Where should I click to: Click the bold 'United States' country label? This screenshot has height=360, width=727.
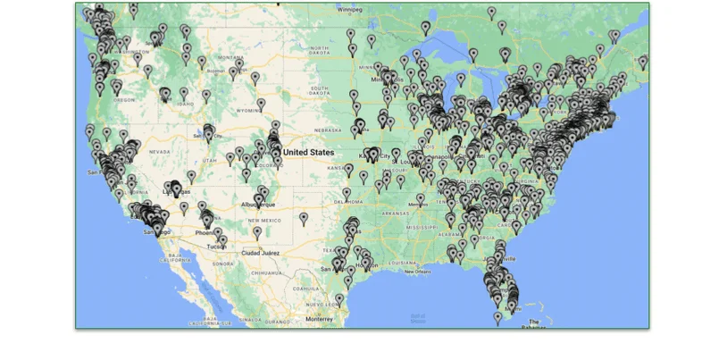coord(309,153)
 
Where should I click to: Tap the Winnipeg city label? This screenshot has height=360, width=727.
coord(349,9)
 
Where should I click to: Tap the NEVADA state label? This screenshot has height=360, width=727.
coord(159,153)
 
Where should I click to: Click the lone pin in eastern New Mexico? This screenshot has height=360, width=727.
coord(304,217)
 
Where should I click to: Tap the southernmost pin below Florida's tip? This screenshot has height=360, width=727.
coord(498,316)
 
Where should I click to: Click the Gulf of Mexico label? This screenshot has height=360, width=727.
coord(416,315)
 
